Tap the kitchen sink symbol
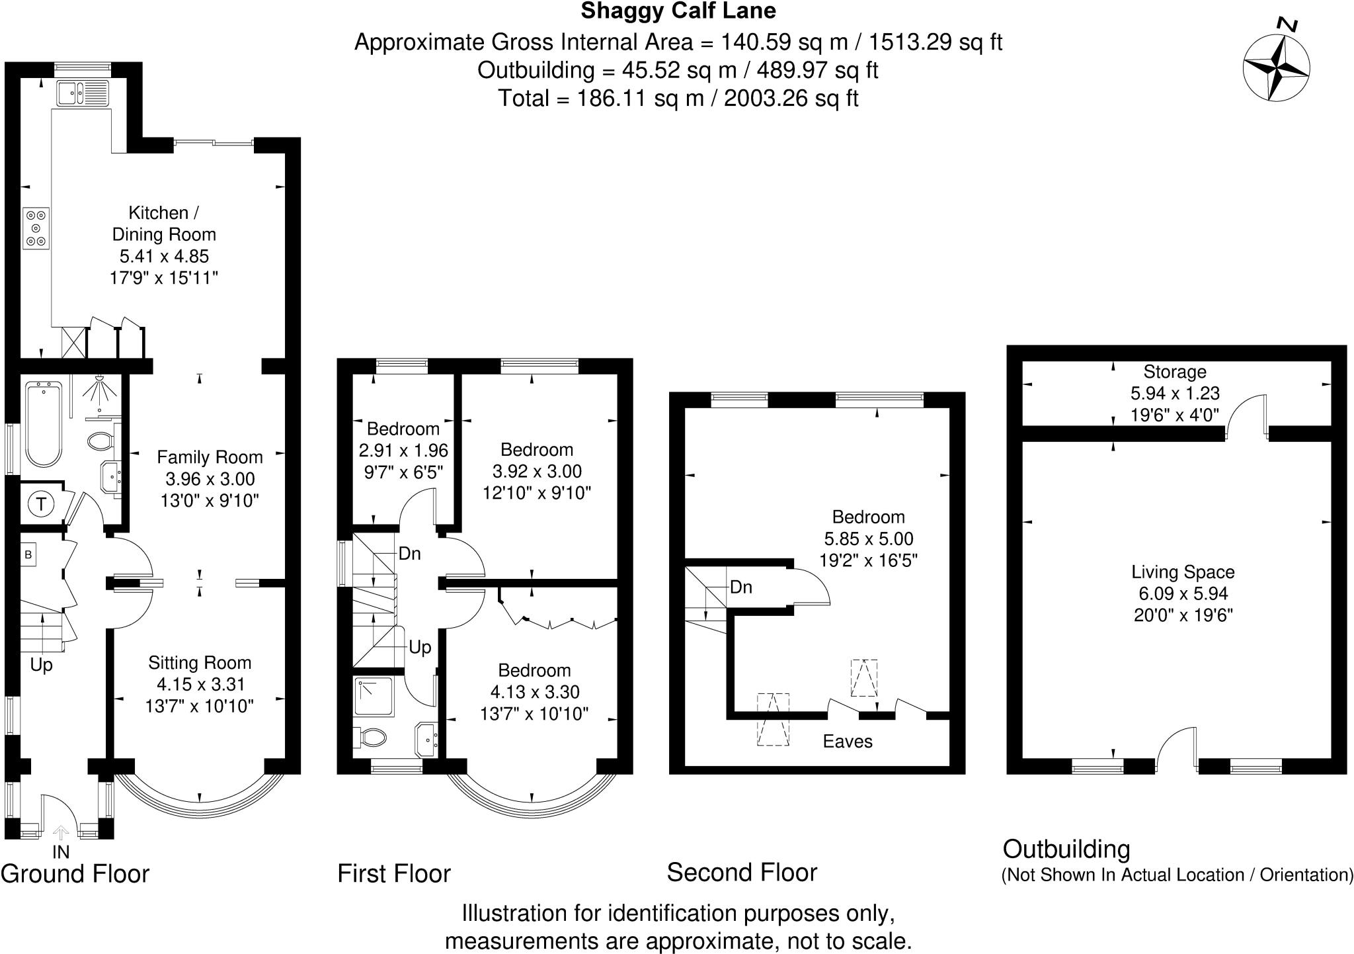click(x=83, y=93)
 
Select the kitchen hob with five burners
click(x=36, y=228)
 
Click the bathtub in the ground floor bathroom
click(x=44, y=427)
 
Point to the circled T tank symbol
click(x=42, y=505)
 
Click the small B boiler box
click(x=28, y=555)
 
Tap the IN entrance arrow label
click(x=61, y=851)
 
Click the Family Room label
click(x=210, y=457)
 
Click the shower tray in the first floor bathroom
click(x=374, y=697)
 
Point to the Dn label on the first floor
click(x=409, y=554)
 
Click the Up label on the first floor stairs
click(x=420, y=647)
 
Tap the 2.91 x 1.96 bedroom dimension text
click(x=403, y=451)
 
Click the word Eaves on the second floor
click(x=847, y=742)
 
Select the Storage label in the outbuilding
click(x=1174, y=372)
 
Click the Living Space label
click(x=1182, y=572)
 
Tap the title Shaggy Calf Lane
click(x=678, y=11)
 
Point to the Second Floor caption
click(x=742, y=873)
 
